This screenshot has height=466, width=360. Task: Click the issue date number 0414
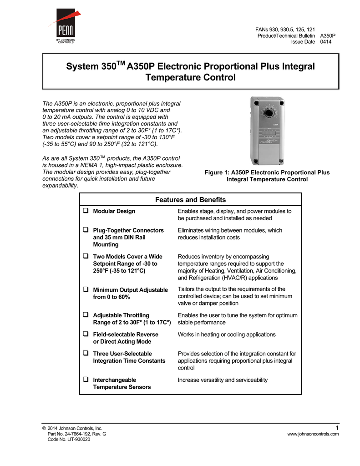click(x=326, y=42)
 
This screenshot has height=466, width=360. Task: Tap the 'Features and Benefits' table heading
click(x=190, y=200)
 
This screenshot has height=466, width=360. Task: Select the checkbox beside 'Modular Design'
click(x=85, y=211)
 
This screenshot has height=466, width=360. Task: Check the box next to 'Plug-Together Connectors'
click(x=85, y=230)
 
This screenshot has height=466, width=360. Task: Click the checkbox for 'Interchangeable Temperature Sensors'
click(x=85, y=380)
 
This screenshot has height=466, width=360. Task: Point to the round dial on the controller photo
click(x=269, y=112)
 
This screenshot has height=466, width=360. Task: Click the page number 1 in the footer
click(x=337, y=427)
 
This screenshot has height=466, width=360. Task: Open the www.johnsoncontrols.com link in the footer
click(x=313, y=434)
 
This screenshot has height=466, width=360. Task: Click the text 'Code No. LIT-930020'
click(x=69, y=440)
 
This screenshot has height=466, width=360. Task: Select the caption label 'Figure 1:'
click(x=217, y=172)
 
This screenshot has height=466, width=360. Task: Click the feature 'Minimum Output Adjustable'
click(x=130, y=290)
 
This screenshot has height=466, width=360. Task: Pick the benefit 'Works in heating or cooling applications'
click(x=226, y=334)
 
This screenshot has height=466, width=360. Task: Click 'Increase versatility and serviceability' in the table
click(x=223, y=380)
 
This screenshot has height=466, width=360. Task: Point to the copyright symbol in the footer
click(x=43, y=428)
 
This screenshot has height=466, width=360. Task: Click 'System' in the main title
click(x=81, y=66)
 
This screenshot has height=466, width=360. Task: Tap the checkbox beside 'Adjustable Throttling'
click(x=85, y=315)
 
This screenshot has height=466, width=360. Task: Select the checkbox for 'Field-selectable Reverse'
click(x=85, y=334)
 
